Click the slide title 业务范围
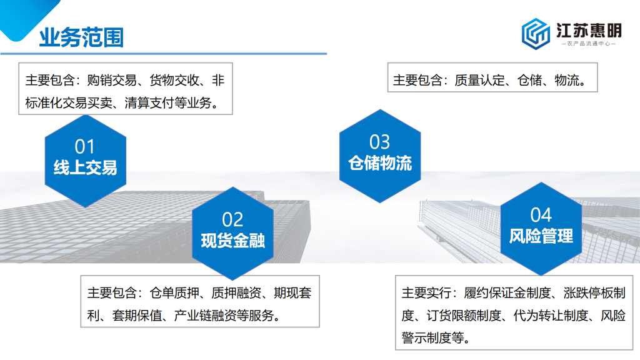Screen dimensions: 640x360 pyautogui.click(x=81, y=37)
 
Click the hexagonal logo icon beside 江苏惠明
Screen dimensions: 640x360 pyautogui.click(x=536, y=34)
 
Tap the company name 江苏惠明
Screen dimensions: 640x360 pyautogui.click(x=589, y=30)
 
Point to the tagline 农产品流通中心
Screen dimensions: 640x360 pyautogui.click(x=589, y=43)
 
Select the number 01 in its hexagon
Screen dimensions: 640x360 pyautogui.click(x=85, y=147)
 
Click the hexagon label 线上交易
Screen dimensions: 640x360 pyautogui.click(x=85, y=167)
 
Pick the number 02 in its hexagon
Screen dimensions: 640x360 pyautogui.click(x=232, y=219)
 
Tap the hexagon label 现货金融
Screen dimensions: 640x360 pyautogui.click(x=232, y=241)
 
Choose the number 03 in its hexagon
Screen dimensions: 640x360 pyautogui.click(x=379, y=142)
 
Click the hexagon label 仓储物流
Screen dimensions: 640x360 pyautogui.click(x=380, y=163)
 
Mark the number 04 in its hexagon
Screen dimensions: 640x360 pyautogui.click(x=541, y=215)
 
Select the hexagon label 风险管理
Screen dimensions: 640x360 pyautogui.click(x=541, y=236)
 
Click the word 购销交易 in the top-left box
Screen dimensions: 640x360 pyautogui.click(x=112, y=80)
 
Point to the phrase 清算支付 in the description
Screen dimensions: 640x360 pyautogui.click(x=149, y=102)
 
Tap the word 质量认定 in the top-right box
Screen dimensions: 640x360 pyautogui.click(x=479, y=80)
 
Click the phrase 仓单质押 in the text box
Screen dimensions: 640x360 pyautogui.click(x=174, y=292)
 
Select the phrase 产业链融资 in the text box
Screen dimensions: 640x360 pyautogui.click(x=205, y=315)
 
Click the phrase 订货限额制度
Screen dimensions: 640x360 pyautogui.click(x=464, y=315)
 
